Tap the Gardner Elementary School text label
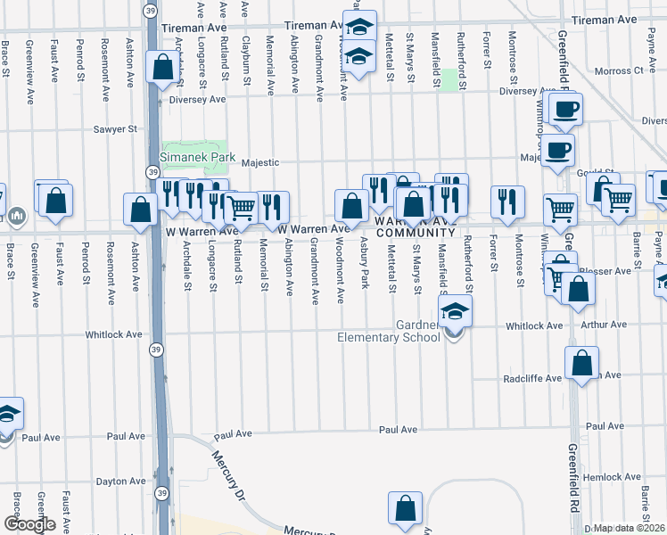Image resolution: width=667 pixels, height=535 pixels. point(388,330)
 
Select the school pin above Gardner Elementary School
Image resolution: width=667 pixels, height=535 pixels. point(455,314)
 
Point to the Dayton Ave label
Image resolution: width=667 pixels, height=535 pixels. point(120,481)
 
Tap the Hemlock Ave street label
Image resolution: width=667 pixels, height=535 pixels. point(608,477)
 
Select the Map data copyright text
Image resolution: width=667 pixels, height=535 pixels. point(630,528)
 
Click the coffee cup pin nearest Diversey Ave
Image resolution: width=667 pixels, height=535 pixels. point(564,111)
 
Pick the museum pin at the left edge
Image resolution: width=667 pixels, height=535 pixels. point(18,216)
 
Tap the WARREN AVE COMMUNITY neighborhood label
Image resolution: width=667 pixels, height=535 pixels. point(415,226)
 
